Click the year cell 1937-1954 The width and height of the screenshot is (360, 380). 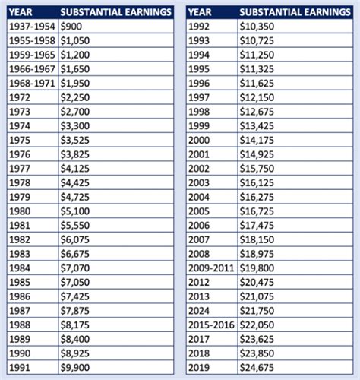(31, 27)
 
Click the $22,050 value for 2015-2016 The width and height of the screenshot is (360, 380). (258, 324)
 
